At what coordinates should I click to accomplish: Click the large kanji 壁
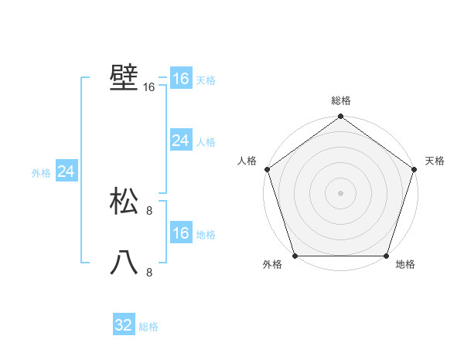124,77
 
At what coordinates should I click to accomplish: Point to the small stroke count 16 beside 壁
149,88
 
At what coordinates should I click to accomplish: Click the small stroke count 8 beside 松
149,210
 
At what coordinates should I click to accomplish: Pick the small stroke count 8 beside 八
149,272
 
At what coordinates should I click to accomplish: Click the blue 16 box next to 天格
180,79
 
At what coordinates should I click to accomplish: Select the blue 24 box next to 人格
180,141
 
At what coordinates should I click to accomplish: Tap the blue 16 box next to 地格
180,234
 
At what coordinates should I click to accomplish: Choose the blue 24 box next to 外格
66,172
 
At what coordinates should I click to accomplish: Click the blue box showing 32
124,325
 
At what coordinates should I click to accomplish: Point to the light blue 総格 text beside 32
148,327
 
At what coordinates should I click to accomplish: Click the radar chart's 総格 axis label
340,100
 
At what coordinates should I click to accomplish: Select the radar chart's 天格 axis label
435,161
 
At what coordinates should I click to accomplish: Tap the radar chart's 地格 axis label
405,265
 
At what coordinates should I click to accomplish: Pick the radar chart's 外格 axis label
272,265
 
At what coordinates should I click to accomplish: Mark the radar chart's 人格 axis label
247,161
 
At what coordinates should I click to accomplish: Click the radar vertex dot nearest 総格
340,117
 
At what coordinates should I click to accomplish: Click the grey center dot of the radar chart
340,192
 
